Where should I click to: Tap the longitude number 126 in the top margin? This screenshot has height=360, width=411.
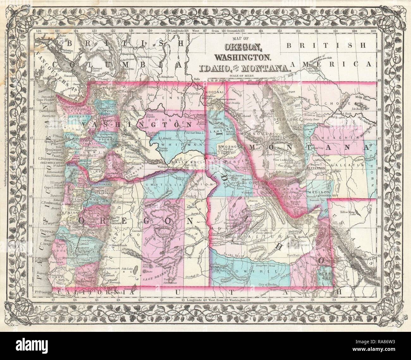39,31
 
